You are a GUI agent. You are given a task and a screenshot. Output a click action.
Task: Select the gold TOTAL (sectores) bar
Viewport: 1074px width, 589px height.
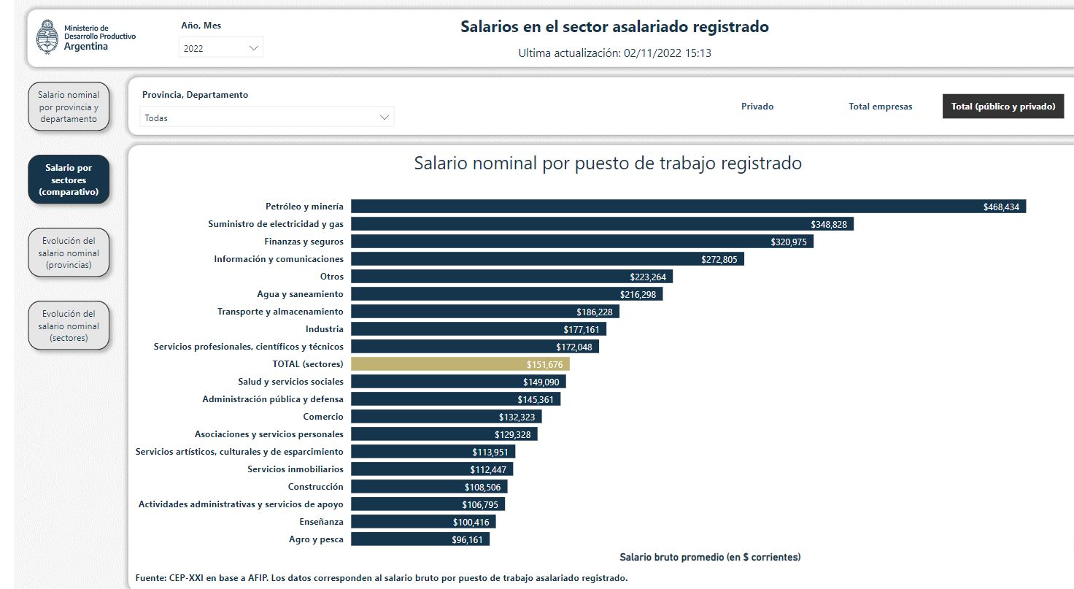point(460,364)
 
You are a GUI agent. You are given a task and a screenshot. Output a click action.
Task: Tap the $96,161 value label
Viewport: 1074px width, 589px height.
point(467,540)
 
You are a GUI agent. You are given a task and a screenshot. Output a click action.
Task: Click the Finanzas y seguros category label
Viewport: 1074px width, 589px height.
point(304,242)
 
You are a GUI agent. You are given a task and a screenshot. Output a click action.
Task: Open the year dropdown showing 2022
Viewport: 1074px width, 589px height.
point(221,48)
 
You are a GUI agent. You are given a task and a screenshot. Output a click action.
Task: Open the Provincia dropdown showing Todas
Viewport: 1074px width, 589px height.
point(267,118)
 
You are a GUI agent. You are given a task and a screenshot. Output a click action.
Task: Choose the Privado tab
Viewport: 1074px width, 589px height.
point(757,107)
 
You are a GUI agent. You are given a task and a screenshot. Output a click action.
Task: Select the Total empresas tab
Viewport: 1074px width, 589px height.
point(880,107)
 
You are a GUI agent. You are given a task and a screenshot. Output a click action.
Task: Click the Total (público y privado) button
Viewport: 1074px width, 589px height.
point(1002,107)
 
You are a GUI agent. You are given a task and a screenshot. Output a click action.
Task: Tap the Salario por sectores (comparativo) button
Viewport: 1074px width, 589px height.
point(69,180)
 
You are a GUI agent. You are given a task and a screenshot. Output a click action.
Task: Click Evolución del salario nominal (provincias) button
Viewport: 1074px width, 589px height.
point(69,253)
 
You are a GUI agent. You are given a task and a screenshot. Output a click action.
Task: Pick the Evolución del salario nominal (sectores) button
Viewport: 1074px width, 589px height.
point(69,326)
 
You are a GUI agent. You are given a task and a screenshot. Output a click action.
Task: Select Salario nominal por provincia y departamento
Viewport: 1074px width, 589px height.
point(69,107)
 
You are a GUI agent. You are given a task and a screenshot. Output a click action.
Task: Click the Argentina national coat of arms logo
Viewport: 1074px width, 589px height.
point(47,37)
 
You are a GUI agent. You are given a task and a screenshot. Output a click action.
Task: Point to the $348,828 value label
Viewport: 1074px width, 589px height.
point(829,225)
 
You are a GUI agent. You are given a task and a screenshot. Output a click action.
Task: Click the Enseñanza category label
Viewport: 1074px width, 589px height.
point(321,522)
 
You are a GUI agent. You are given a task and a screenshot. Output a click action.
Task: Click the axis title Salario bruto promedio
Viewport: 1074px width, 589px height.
point(710,558)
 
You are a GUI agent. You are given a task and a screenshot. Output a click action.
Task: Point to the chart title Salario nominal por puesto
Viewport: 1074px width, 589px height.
point(608,163)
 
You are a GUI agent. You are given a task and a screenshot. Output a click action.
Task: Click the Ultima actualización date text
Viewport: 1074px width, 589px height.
point(614,53)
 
